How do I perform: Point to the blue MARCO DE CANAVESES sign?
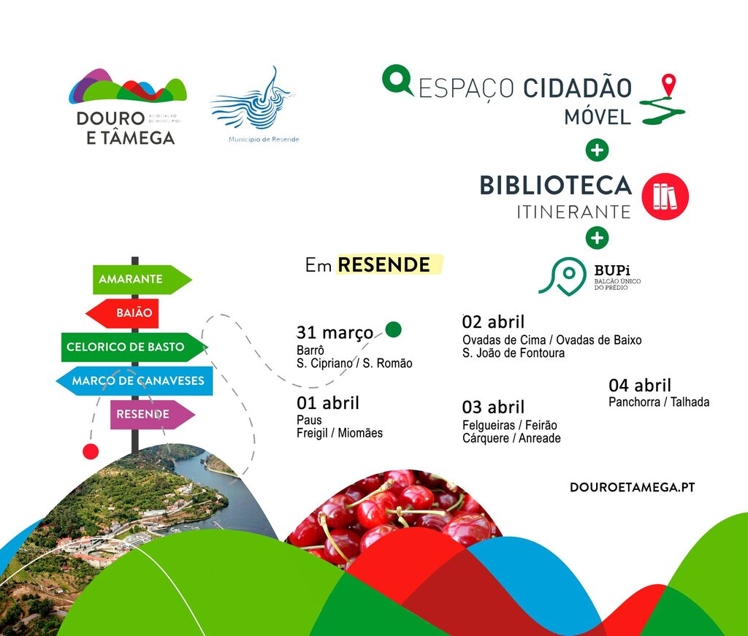134,381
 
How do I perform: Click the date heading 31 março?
335,333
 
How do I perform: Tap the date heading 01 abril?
328,403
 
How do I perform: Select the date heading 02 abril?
493,322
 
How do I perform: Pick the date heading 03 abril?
493,407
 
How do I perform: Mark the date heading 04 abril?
639,386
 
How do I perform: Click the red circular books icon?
665,196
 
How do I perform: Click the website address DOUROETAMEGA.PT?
632,487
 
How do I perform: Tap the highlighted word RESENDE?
385,265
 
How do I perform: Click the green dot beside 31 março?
394,330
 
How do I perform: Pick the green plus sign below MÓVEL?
598,151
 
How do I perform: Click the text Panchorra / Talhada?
658,402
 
